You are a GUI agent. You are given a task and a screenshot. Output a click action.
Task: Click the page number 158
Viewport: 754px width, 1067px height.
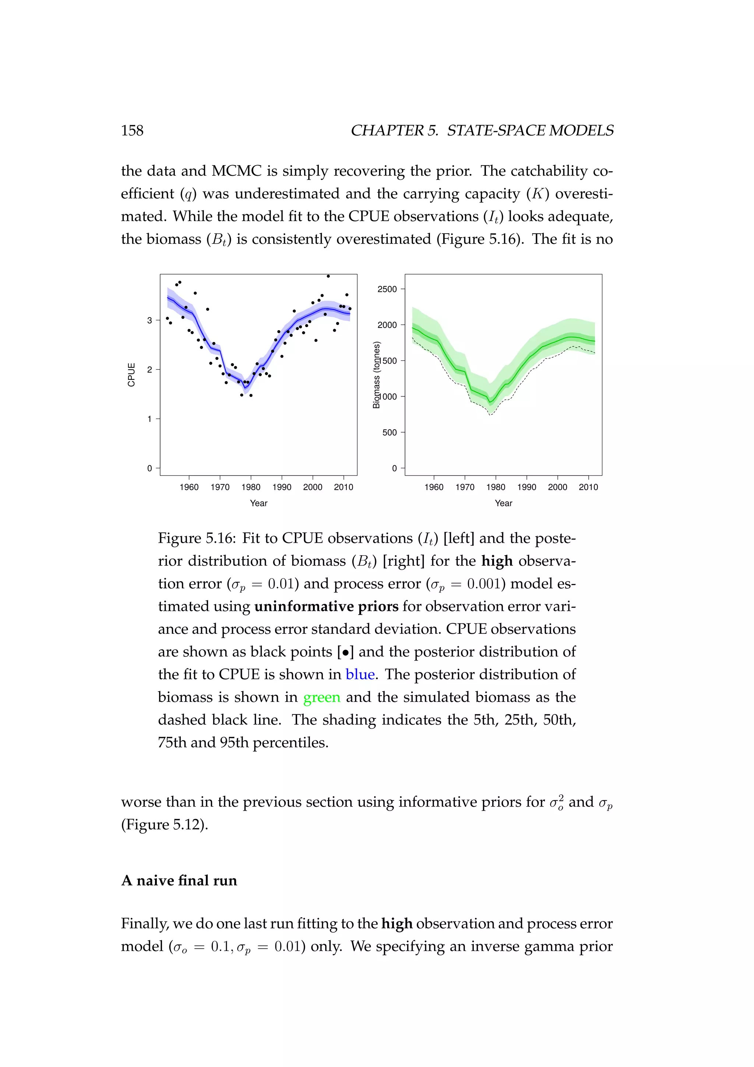(x=132, y=130)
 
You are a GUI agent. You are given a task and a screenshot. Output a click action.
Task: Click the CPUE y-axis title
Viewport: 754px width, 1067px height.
(x=131, y=375)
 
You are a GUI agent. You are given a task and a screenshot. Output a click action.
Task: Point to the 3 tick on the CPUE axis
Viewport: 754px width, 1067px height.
(x=149, y=320)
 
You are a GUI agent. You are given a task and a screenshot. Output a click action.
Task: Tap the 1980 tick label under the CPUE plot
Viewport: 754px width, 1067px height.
(x=251, y=487)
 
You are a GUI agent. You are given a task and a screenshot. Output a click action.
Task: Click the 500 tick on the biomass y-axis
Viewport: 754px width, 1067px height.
(x=390, y=433)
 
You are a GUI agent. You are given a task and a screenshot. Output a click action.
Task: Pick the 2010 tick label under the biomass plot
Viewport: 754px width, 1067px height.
(x=588, y=487)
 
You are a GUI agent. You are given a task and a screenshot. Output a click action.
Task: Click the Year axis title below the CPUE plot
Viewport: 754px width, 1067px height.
(x=258, y=503)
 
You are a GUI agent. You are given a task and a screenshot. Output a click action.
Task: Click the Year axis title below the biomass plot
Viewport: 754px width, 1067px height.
(x=503, y=503)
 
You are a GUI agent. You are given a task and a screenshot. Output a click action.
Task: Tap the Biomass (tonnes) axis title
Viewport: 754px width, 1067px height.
(x=377, y=375)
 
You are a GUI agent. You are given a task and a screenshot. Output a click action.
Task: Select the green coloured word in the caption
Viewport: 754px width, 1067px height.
(x=322, y=697)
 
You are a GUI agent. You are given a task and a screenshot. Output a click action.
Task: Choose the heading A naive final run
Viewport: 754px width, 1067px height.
(x=179, y=881)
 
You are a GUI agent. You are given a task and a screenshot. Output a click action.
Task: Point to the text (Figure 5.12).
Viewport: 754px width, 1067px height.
(x=164, y=825)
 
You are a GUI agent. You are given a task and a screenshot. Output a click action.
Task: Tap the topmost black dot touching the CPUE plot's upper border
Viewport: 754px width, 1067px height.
(x=328, y=276)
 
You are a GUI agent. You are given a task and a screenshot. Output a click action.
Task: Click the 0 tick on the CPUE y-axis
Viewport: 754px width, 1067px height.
(x=149, y=468)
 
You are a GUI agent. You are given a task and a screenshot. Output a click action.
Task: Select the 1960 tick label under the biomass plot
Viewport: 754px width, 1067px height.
(x=434, y=487)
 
